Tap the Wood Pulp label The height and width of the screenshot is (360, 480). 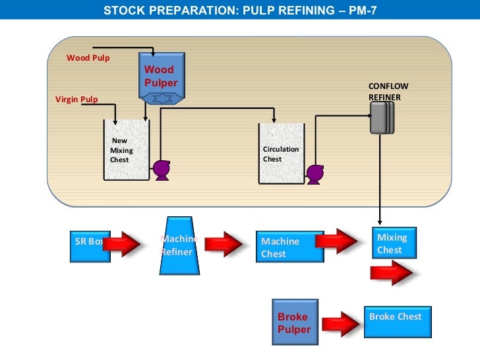(x=88, y=58)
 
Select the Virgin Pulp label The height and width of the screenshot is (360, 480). (x=76, y=100)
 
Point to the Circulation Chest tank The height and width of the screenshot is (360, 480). (x=281, y=153)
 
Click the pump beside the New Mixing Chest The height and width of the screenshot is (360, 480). (x=160, y=171)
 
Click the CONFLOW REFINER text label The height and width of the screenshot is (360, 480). (x=384, y=92)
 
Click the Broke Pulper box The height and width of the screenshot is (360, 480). (x=295, y=322)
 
